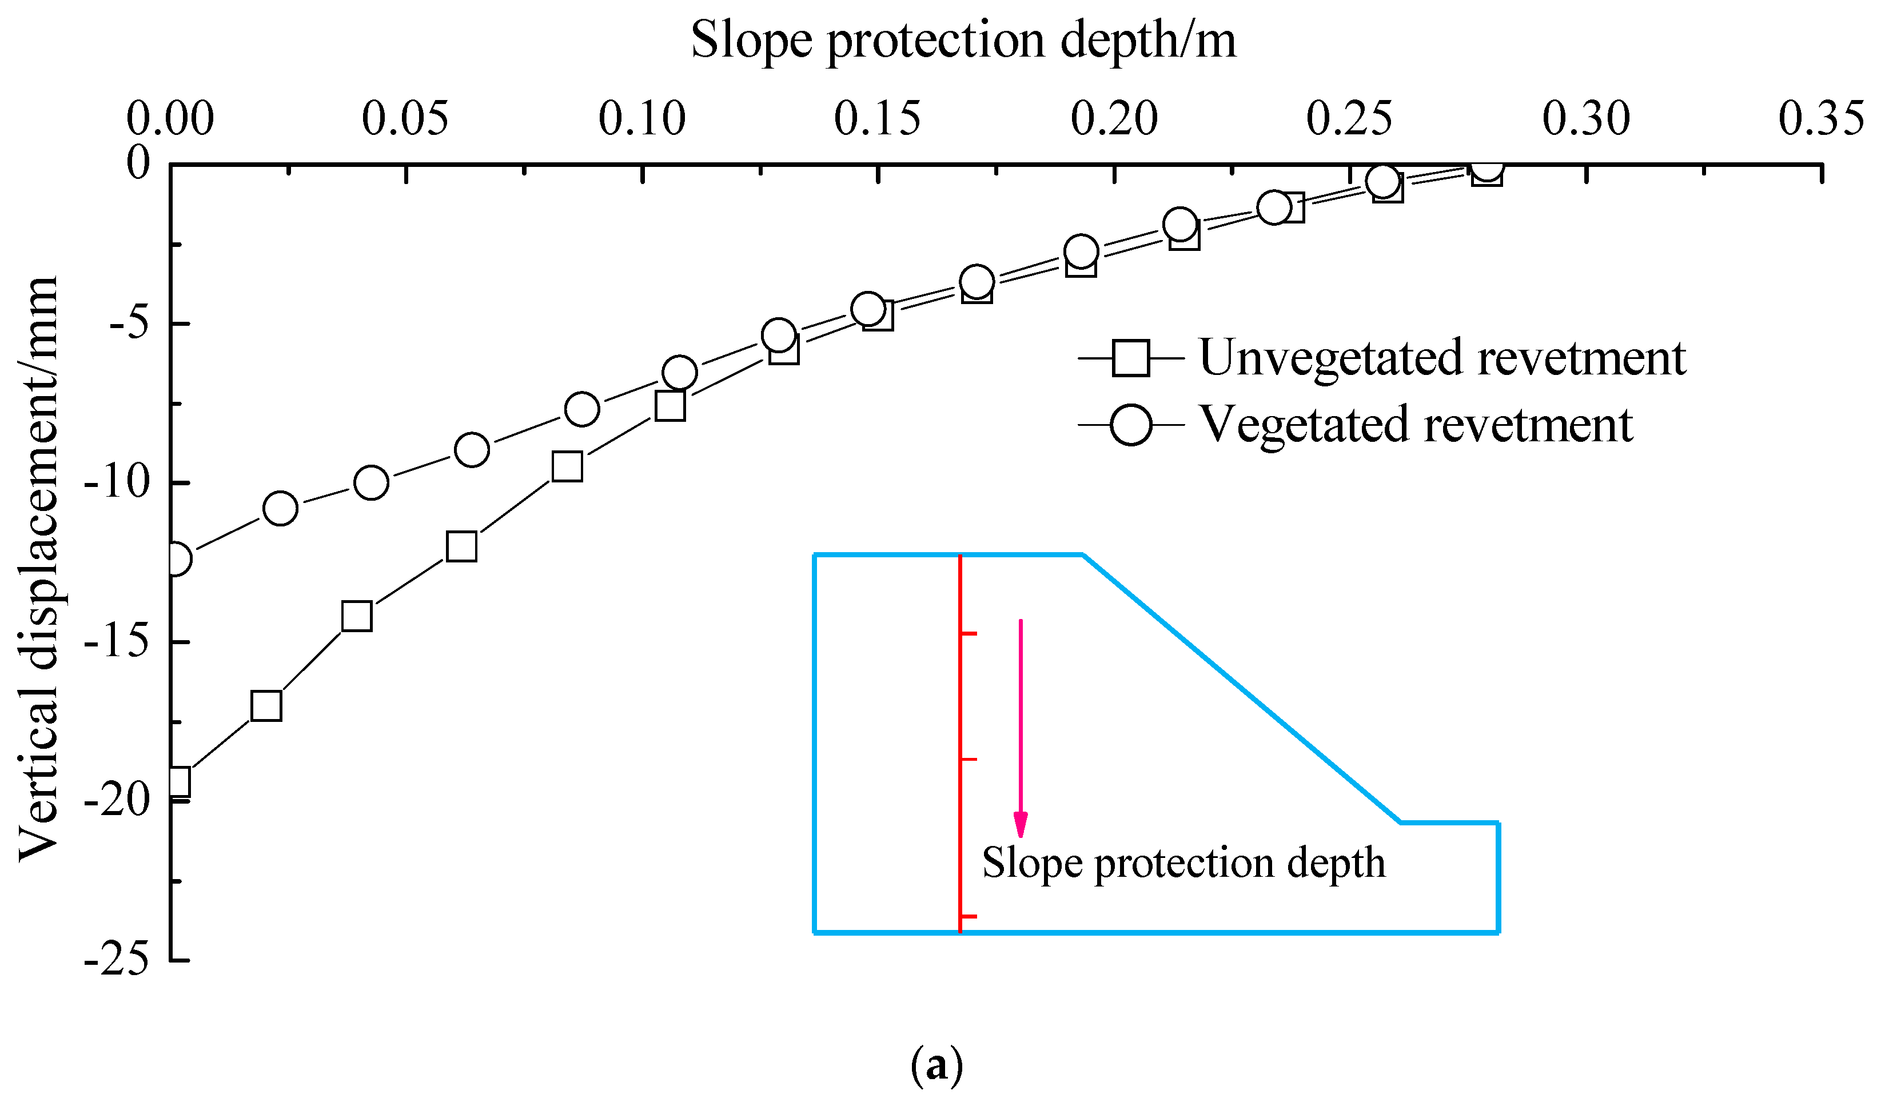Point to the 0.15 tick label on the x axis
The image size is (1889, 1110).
tap(877, 119)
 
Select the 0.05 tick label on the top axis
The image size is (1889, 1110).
tap(405, 119)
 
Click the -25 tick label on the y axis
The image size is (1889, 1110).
tap(116, 959)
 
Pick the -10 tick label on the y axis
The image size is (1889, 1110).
tap(116, 482)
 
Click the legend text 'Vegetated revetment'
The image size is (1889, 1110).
tap(1416, 425)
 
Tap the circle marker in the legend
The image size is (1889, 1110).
tap(1130, 425)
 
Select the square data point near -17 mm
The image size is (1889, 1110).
tap(266, 706)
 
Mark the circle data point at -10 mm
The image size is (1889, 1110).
tap(371, 482)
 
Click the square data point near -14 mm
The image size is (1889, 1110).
tap(357, 616)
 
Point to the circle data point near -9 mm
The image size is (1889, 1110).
tap(472, 450)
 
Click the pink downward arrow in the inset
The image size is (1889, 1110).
tap(1020, 727)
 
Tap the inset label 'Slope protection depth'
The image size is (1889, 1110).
tap(1183, 864)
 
